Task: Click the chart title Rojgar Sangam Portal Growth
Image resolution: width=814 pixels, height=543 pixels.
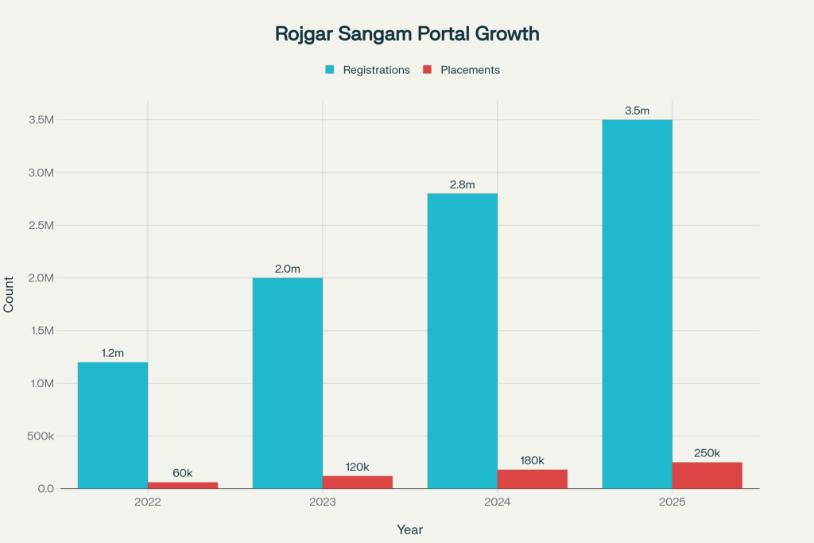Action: tap(407, 33)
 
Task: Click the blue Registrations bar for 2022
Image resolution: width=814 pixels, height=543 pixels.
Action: tap(113, 425)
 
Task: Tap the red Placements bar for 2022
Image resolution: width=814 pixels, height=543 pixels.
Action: tap(183, 485)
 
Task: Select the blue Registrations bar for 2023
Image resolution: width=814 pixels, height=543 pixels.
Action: tap(288, 383)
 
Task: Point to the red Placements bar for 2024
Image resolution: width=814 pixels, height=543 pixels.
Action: tap(533, 479)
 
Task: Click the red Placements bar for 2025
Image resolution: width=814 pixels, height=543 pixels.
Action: tap(707, 475)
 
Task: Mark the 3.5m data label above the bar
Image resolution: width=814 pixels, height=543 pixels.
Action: tap(638, 111)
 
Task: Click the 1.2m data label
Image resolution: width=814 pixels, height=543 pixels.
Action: tap(113, 353)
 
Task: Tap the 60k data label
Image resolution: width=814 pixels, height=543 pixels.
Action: tap(183, 473)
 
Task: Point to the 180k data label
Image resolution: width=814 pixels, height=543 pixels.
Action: tap(533, 460)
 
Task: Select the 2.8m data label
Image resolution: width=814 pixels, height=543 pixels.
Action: tap(463, 184)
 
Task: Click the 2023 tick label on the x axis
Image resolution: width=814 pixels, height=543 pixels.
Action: tap(323, 503)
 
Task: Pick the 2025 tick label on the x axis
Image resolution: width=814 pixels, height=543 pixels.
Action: tap(673, 503)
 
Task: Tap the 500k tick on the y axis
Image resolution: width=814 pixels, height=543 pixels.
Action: tap(39, 436)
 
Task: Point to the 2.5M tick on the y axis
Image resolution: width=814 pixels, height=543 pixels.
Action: tap(40, 226)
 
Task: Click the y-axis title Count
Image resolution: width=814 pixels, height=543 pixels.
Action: tap(10, 295)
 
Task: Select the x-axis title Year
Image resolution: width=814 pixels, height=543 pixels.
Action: tap(410, 529)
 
